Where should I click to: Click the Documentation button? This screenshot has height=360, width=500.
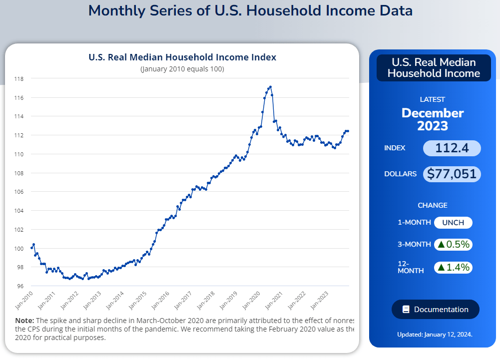coord(435,310)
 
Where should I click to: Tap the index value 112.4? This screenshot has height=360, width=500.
coord(452,148)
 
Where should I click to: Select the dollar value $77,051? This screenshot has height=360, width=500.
coord(452,174)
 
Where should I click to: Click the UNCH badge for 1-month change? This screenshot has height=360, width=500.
coord(453,223)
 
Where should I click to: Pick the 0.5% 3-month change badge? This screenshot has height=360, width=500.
coord(453,245)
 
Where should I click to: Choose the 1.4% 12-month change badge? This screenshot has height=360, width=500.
coord(453,267)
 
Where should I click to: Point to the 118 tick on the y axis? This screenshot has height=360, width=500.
coord(18,79)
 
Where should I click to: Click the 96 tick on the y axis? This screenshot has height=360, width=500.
coord(20,286)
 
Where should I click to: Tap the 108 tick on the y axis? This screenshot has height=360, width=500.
coord(18,173)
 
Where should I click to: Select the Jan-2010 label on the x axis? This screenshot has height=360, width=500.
coord(24,298)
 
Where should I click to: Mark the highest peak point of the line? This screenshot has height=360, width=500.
coord(270,87)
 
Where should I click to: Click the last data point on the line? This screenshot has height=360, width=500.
coord(348,131)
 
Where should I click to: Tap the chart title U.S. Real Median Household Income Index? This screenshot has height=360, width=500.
coord(182,57)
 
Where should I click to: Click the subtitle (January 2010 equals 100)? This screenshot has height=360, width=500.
coord(182,69)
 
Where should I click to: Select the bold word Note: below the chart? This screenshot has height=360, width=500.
coord(24,320)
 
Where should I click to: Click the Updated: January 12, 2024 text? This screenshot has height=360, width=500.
coord(435,335)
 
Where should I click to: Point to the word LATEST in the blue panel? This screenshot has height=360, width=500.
coord(433,99)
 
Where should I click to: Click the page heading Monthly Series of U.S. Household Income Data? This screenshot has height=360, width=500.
coord(250,10)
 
